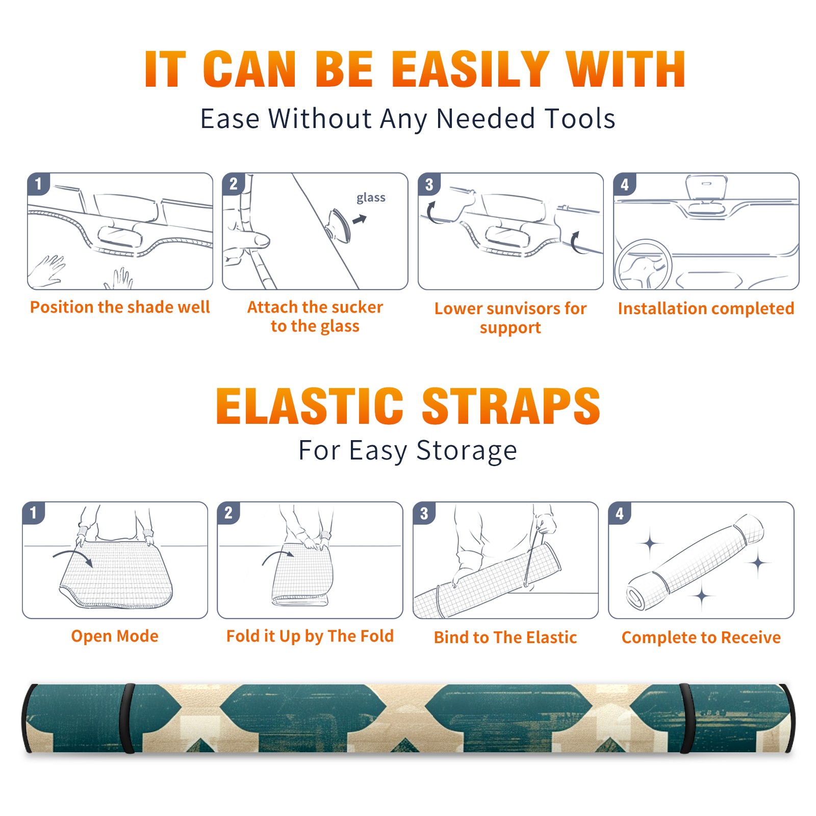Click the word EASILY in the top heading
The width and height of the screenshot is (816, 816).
pyautogui.click(x=470, y=69)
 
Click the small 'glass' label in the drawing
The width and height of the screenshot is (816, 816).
pyautogui.click(x=371, y=197)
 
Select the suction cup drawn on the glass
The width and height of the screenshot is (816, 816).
pyautogui.click(x=339, y=225)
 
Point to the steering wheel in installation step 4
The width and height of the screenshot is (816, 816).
pyautogui.click(x=643, y=265)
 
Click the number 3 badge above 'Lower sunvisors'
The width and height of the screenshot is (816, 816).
pyautogui.click(x=429, y=184)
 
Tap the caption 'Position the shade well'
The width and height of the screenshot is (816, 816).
pyautogui.click(x=120, y=307)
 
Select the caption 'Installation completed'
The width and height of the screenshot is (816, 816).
pyautogui.click(x=706, y=309)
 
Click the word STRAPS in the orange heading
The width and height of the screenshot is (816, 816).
pyautogui.click(x=511, y=406)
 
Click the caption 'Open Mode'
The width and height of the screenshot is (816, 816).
pyautogui.click(x=115, y=636)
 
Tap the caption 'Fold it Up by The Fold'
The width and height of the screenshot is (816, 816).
pyautogui.click(x=310, y=636)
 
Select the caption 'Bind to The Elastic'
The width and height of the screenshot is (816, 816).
pyautogui.click(x=505, y=637)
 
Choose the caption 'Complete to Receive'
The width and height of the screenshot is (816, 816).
pyautogui.click(x=701, y=637)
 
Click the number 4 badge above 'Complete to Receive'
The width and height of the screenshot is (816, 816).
pyautogui.click(x=620, y=513)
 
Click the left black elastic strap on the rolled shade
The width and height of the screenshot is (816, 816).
pyautogui.click(x=127, y=718)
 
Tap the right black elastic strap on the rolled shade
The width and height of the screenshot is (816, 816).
pyautogui.click(x=686, y=718)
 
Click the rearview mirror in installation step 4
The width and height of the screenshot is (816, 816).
pyautogui.click(x=706, y=187)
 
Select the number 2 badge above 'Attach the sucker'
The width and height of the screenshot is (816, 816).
pyautogui.click(x=234, y=184)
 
